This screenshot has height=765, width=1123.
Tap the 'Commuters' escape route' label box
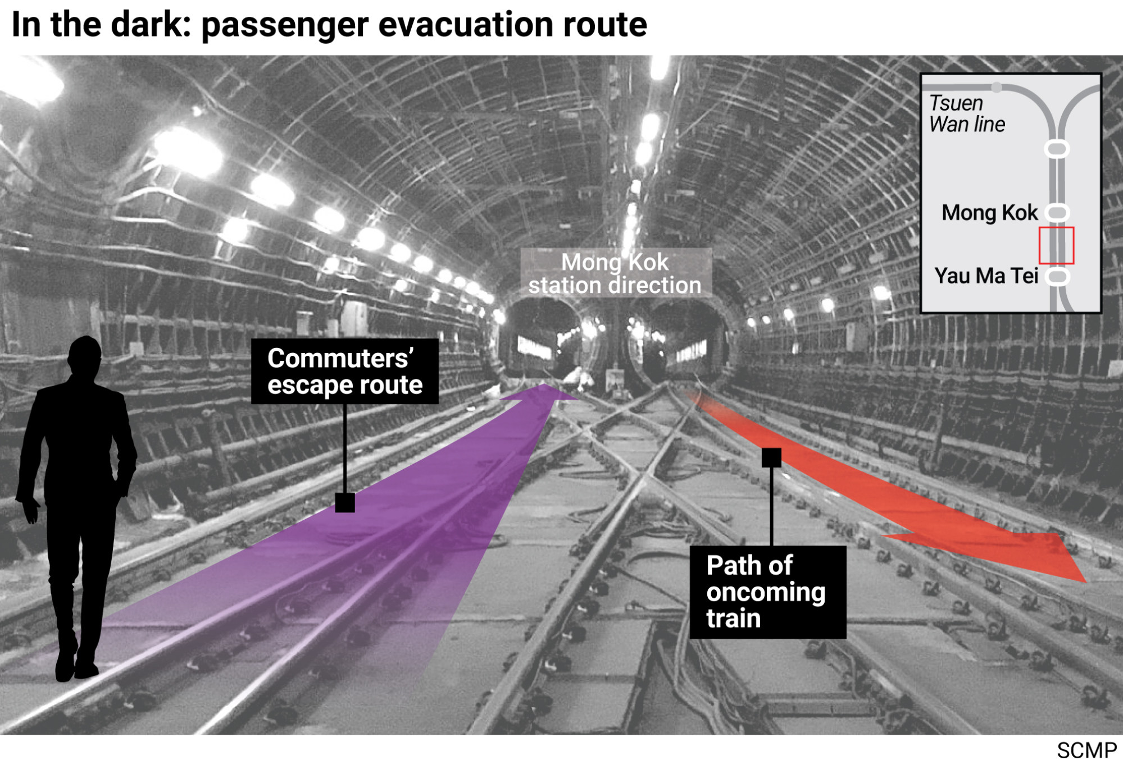pos(344,371)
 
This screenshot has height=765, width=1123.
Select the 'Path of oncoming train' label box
pos(767,592)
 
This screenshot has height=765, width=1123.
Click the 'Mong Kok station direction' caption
pos(615,273)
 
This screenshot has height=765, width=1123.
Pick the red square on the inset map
pos(1056,245)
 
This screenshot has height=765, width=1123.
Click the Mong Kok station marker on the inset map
pos(1057,212)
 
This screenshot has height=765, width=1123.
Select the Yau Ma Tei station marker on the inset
pos(1058,277)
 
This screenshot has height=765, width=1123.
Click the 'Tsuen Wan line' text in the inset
pos(966,113)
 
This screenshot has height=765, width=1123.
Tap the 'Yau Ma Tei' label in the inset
pos(986,276)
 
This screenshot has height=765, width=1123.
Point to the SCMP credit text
pos(1086,750)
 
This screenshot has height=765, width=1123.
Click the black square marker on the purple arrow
pos(345,502)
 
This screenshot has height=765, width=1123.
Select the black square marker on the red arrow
pos(771,457)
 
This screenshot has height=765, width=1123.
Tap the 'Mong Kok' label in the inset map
pos(990,213)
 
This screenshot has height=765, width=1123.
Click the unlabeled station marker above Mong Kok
pos(1057,149)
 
